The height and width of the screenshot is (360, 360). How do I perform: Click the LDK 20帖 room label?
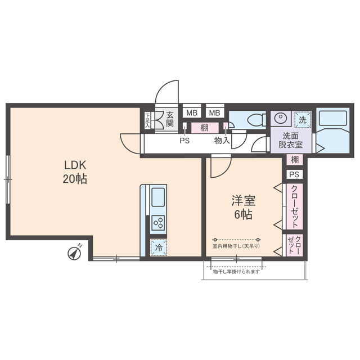(75, 172)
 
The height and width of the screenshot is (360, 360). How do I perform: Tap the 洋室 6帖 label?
(244, 208)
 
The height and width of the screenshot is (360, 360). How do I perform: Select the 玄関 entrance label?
(170, 119)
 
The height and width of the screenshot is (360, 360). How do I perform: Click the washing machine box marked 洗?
(303, 120)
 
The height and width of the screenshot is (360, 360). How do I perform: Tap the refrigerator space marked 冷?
(159, 247)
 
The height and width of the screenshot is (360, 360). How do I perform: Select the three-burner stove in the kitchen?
(159, 223)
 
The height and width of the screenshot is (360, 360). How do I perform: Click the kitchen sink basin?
(158, 197)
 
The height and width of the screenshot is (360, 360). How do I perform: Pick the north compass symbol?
(75, 253)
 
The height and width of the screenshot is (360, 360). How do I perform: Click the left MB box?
(192, 113)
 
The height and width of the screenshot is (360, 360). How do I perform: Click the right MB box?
(215, 113)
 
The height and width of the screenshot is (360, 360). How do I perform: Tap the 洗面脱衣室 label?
(290, 141)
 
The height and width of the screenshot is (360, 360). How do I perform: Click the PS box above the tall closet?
(294, 174)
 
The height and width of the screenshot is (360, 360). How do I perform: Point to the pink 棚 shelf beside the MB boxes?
(205, 128)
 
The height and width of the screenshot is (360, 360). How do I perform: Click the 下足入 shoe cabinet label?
(147, 120)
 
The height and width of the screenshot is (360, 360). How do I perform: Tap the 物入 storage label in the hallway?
(222, 141)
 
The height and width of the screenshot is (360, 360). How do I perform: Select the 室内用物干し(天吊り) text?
(236, 246)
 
